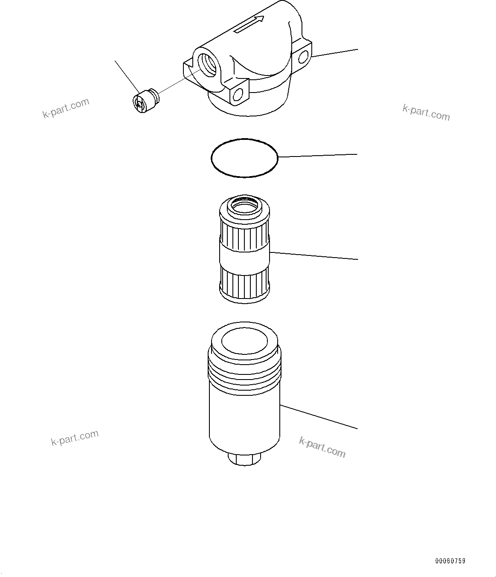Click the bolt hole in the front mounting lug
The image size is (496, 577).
tap(238, 93)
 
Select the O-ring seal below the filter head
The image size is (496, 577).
tap(244, 158)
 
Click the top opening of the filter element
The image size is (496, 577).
tap(244, 207)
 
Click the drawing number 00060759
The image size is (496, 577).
tap(450, 561)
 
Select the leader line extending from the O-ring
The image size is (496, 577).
tap(318, 155)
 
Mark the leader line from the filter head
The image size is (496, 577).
tap(335, 52)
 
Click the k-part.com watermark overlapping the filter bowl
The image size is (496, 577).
tap(322, 447)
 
